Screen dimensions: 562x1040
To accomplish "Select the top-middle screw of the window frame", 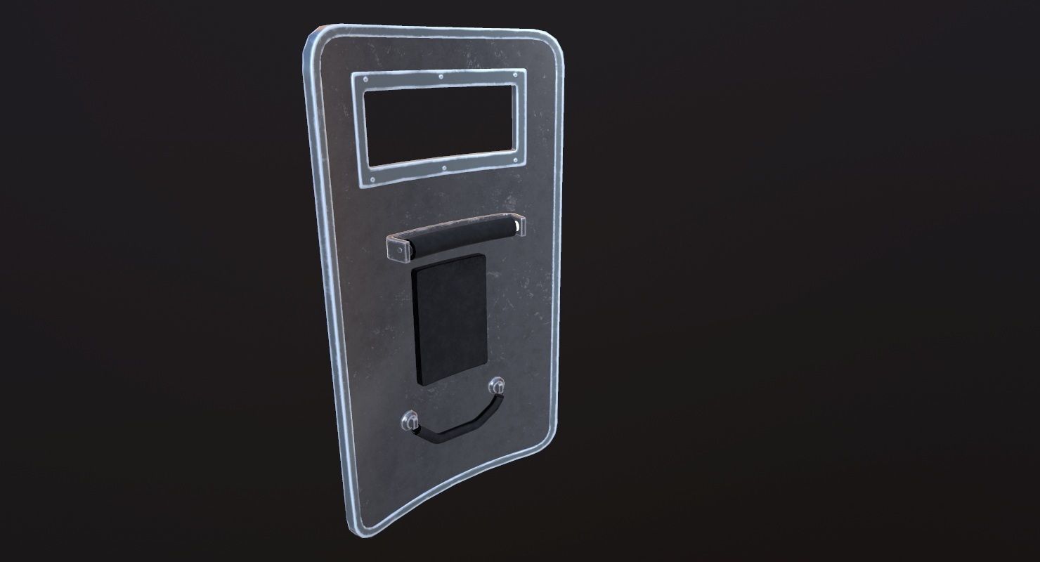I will point(441,77).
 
